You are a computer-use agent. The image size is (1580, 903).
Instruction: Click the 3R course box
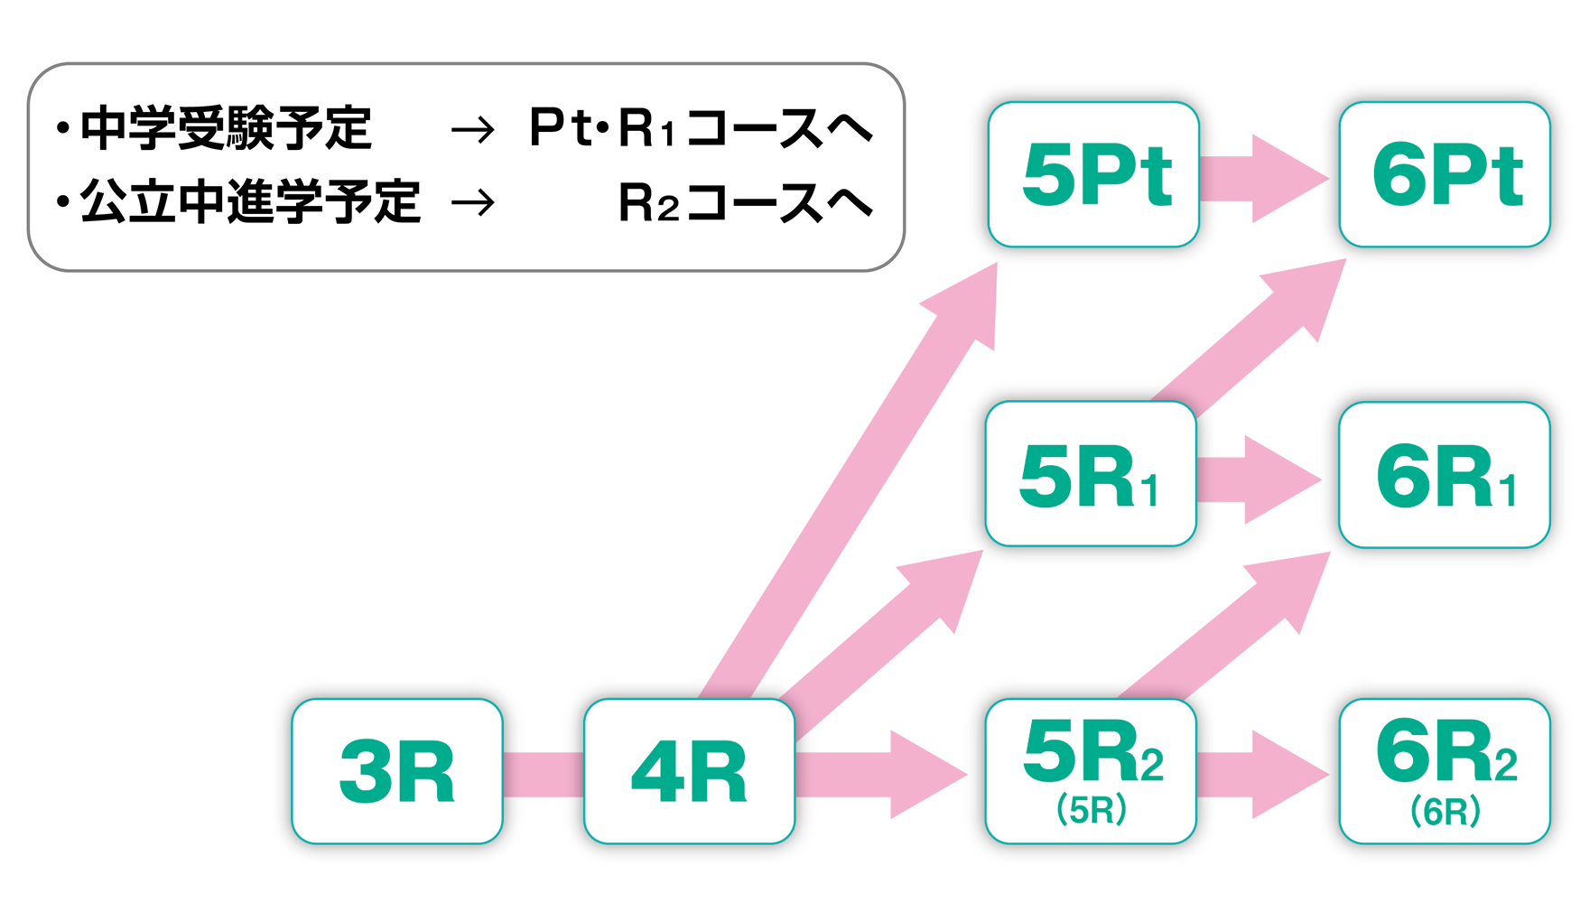pos(397,771)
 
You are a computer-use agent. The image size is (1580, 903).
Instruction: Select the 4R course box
pos(689,771)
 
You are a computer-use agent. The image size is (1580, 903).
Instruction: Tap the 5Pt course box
pos(1093,174)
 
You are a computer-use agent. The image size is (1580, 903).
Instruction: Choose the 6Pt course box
pos(1445,174)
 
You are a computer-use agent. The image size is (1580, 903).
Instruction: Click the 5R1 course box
pos(1091,474)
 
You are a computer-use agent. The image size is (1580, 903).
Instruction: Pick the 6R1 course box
pos(1445,475)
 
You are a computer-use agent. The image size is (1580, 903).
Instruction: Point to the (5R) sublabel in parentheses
pos(1092,810)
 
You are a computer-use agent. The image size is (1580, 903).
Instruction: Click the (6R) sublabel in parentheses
pos(1445,811)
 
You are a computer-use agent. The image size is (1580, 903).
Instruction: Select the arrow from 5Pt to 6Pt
pos(1264,178)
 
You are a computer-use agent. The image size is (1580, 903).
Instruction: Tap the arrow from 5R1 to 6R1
pos(1259,479)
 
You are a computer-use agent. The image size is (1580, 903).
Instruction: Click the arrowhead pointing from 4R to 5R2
pos(925,775)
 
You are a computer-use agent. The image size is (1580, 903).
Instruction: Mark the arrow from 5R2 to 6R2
pos(1264,775)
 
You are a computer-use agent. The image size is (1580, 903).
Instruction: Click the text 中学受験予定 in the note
pos(227,128)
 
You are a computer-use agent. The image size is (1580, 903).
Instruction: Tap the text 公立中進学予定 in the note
pos(251,200)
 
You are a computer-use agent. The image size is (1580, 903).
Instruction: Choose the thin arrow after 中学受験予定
pos(473,131)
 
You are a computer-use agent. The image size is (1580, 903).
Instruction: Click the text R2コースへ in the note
pos(745,202)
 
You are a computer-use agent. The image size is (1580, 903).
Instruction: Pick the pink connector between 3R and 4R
pos(544,775)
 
